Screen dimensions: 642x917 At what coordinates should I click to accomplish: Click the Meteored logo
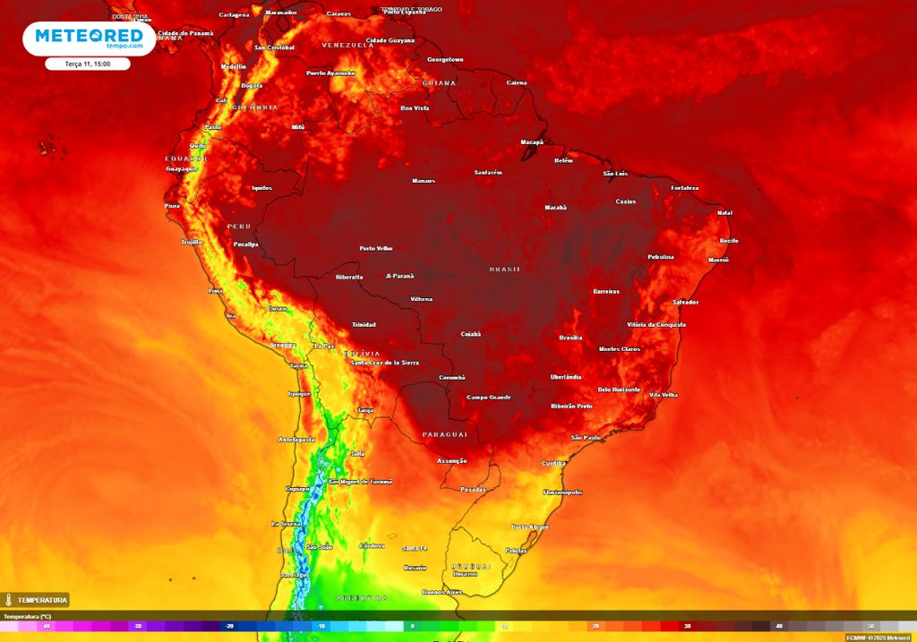click(x=88, y=37)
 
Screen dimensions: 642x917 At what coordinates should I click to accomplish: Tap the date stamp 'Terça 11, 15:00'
click(x=88, y=64)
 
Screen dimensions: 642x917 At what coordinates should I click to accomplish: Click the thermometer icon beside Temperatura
click(x=8, y=600)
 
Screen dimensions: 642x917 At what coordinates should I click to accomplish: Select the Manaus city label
click(x=423, y=181)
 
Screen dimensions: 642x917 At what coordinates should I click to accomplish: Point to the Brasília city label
click(x=570, y=338)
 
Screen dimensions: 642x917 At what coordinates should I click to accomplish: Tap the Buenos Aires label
click(x=441, y=592)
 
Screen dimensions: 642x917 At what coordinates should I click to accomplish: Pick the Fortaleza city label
click(x=684, y=188)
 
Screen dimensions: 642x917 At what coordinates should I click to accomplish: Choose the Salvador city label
click(x=685, y=302)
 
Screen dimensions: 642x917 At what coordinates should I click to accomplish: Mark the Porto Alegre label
click(x=529, y=526)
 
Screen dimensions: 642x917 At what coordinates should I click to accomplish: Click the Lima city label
click(x=215, y=291)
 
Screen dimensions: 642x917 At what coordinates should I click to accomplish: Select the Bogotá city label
click(x=252, y=86)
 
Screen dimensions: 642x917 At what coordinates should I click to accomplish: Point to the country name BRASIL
click(x=504, y=269)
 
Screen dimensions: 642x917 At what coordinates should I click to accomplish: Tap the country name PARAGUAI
click(x=444, y=434)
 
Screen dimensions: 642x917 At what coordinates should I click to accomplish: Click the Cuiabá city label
click(x=470, y=333)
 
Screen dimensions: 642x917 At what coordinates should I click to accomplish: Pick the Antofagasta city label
click(x=296, y=440)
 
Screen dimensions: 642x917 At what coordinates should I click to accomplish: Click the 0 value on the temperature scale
click(x=412, y=626)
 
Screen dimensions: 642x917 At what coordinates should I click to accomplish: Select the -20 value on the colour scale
click(x=229, y=626)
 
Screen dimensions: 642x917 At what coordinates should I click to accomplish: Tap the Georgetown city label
click(x=445, y=60)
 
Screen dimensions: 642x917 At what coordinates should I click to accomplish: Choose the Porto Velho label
click(x=375, y=248)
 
